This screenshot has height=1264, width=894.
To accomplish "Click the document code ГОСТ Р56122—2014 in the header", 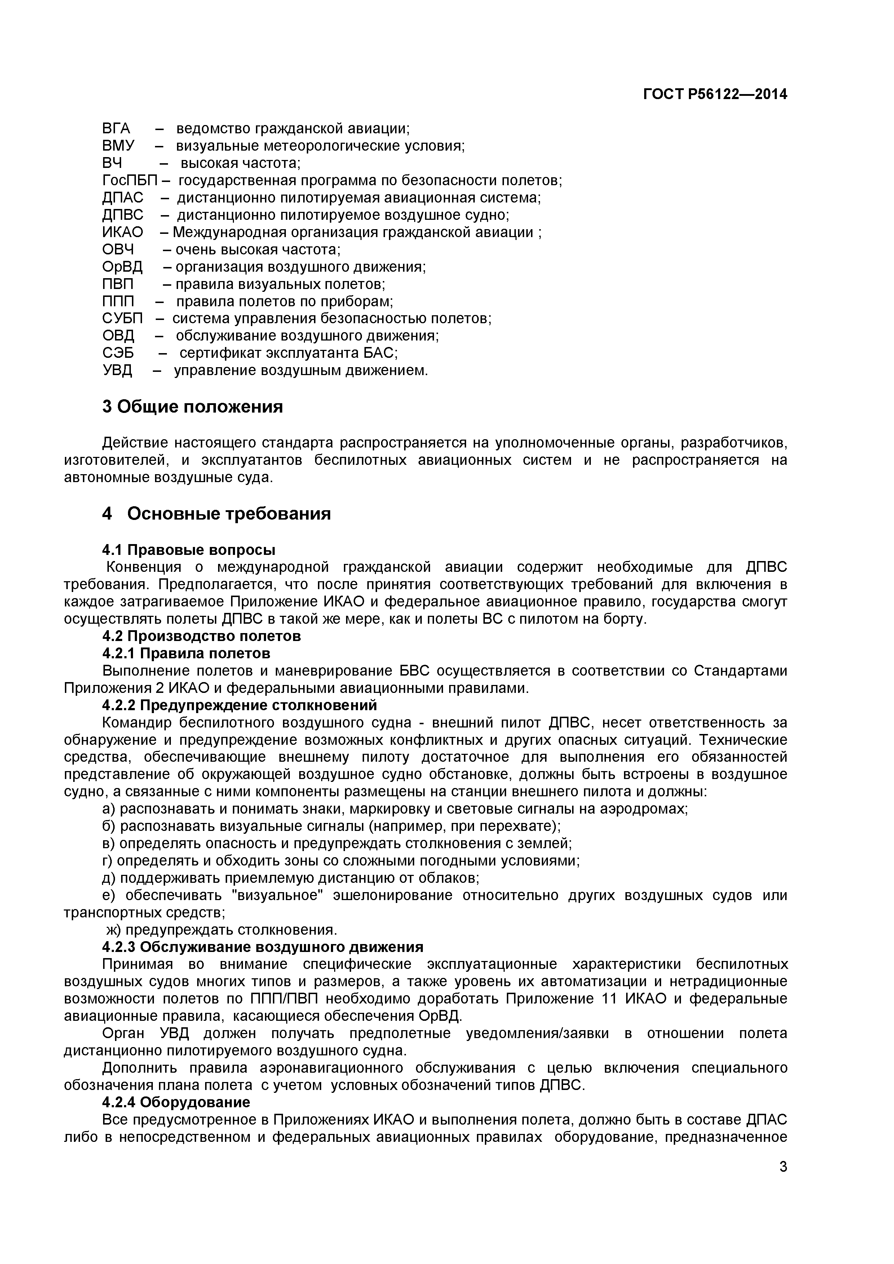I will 715,95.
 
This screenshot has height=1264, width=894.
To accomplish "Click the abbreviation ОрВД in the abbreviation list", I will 122,267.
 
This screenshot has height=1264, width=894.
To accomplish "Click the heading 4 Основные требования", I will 217,514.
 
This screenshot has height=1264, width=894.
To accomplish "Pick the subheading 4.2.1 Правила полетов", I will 186,654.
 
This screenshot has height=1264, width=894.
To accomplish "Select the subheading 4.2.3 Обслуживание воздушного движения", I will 263,947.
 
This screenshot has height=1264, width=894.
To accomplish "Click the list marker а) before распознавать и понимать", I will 109,809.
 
